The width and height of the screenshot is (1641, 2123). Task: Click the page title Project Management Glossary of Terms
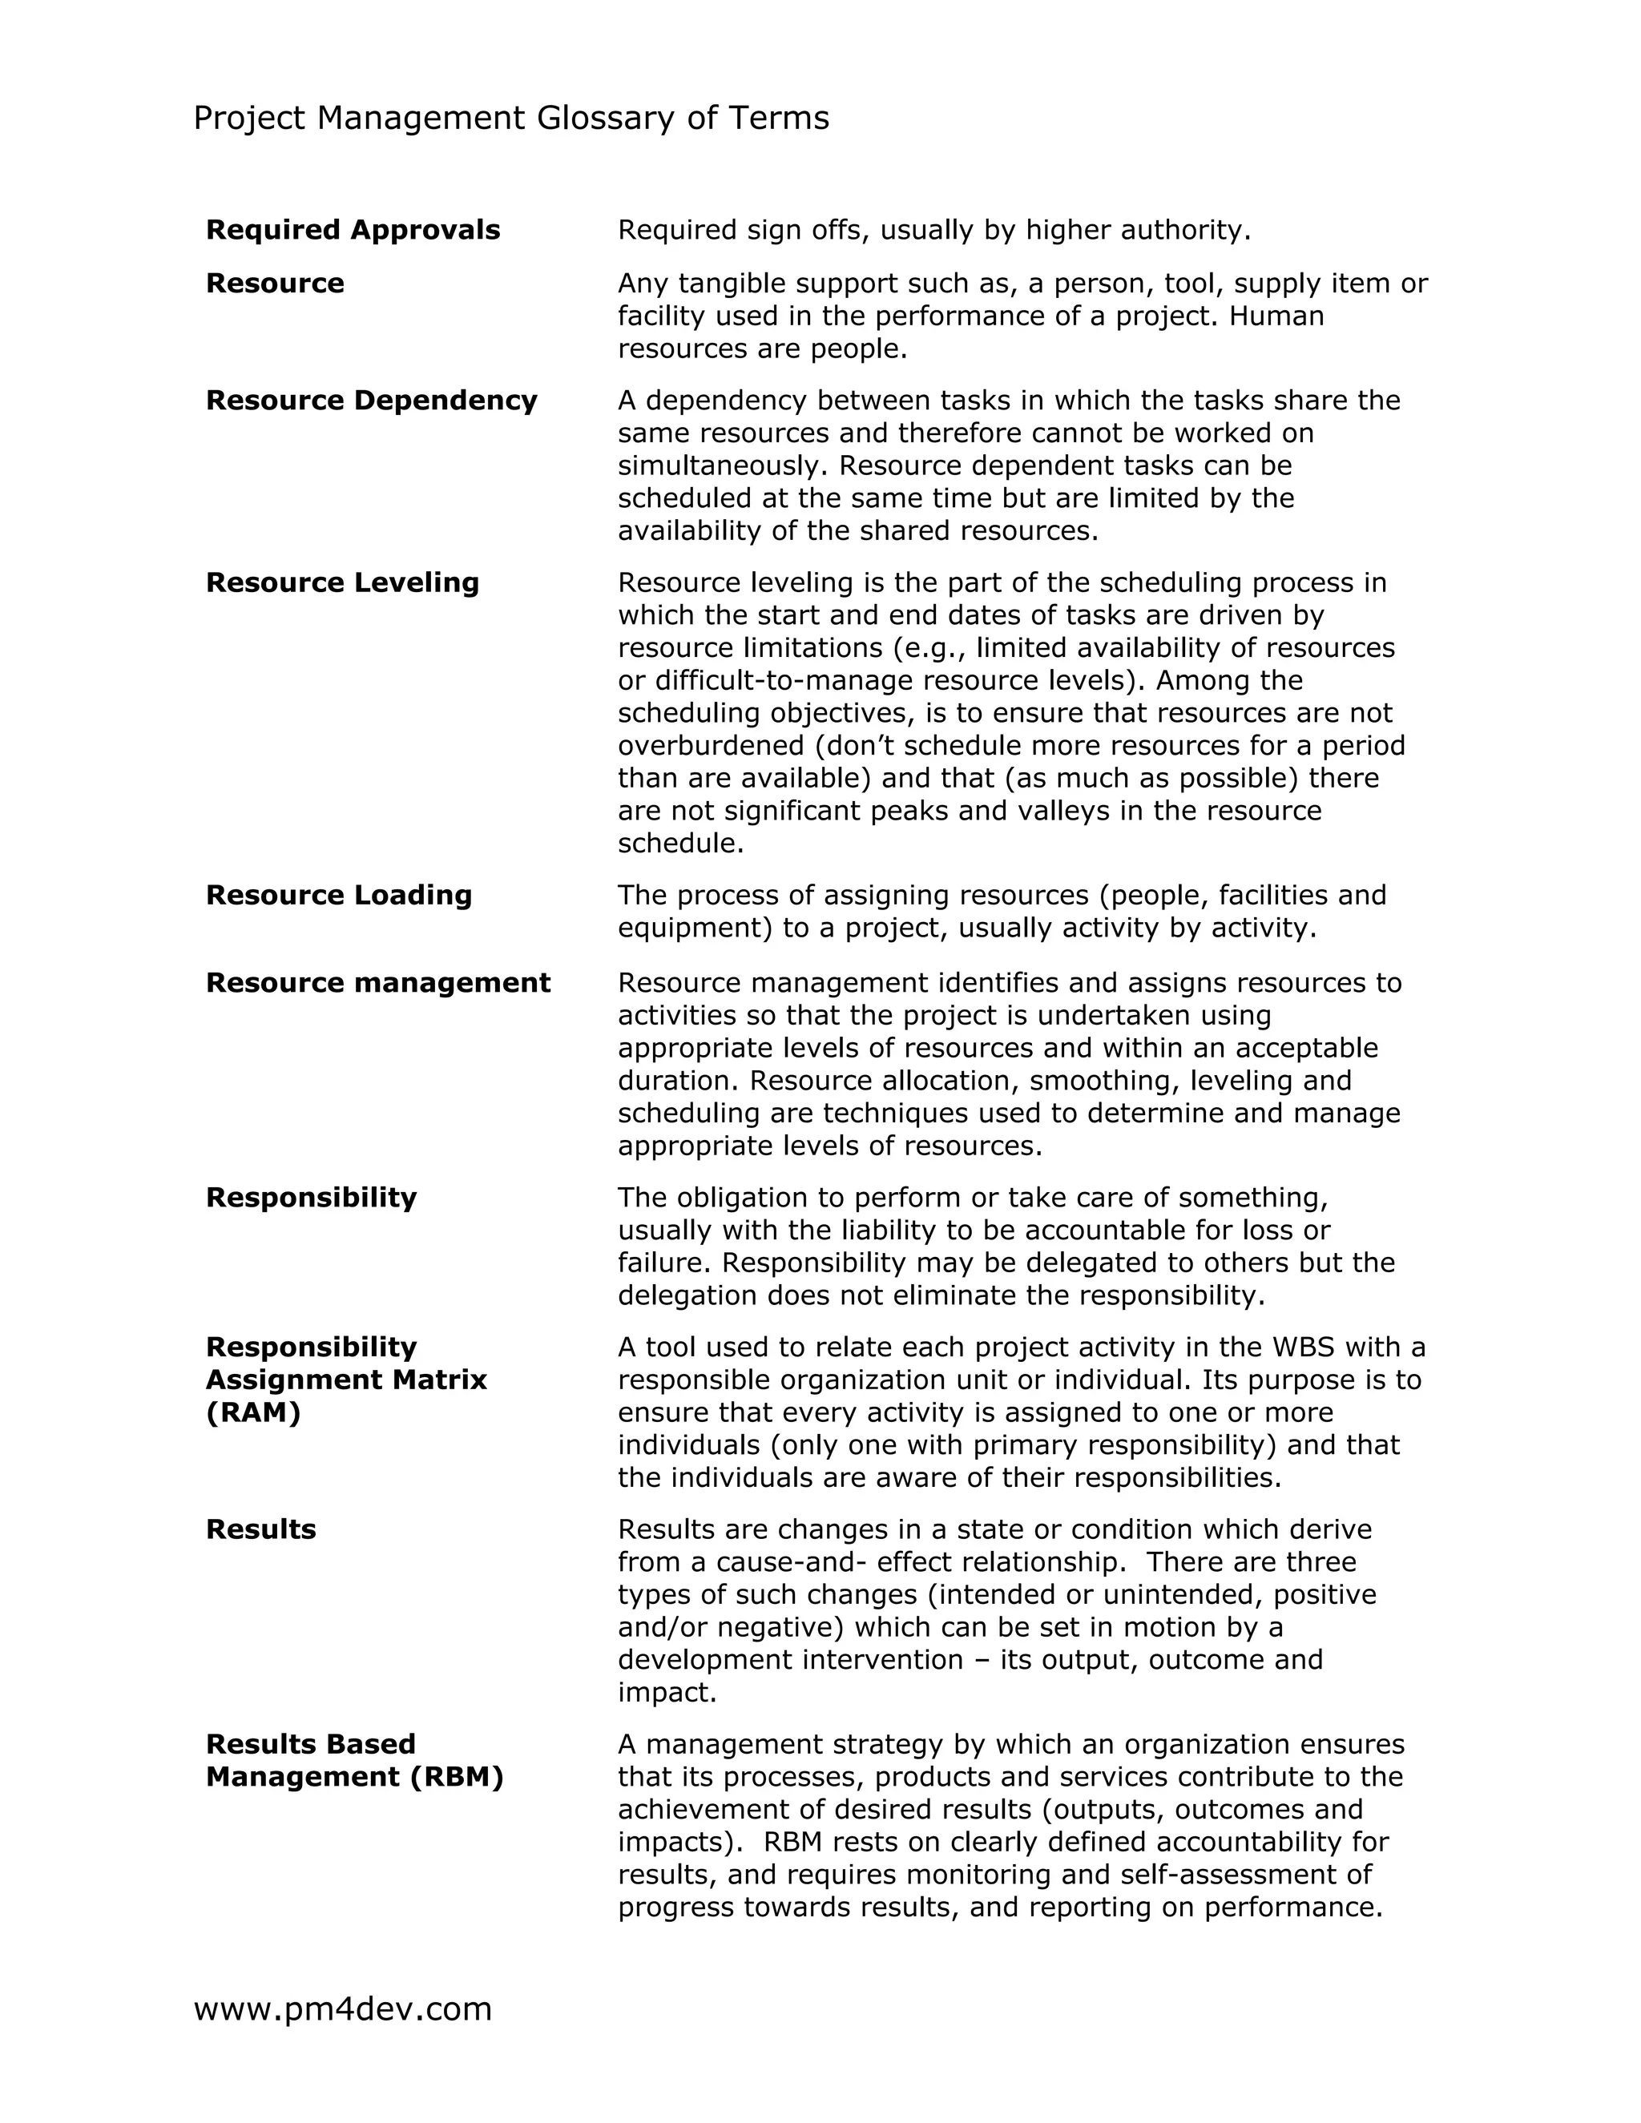tap(511, 119)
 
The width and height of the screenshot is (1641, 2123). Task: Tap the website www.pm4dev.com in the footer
tap(343, 2008)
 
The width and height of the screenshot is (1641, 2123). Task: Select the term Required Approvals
tap(353, 231)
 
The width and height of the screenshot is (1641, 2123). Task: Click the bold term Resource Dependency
tap(371, 401)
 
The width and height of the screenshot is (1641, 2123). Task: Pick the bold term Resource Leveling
tap(342, 582)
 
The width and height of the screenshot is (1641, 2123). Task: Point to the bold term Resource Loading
tap(338, 896)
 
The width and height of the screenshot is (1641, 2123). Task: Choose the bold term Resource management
tap(378, 983)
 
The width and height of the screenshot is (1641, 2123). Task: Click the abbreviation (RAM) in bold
tap(252, 1412)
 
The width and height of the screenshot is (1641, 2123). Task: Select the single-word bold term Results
tap(260, 1529)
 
